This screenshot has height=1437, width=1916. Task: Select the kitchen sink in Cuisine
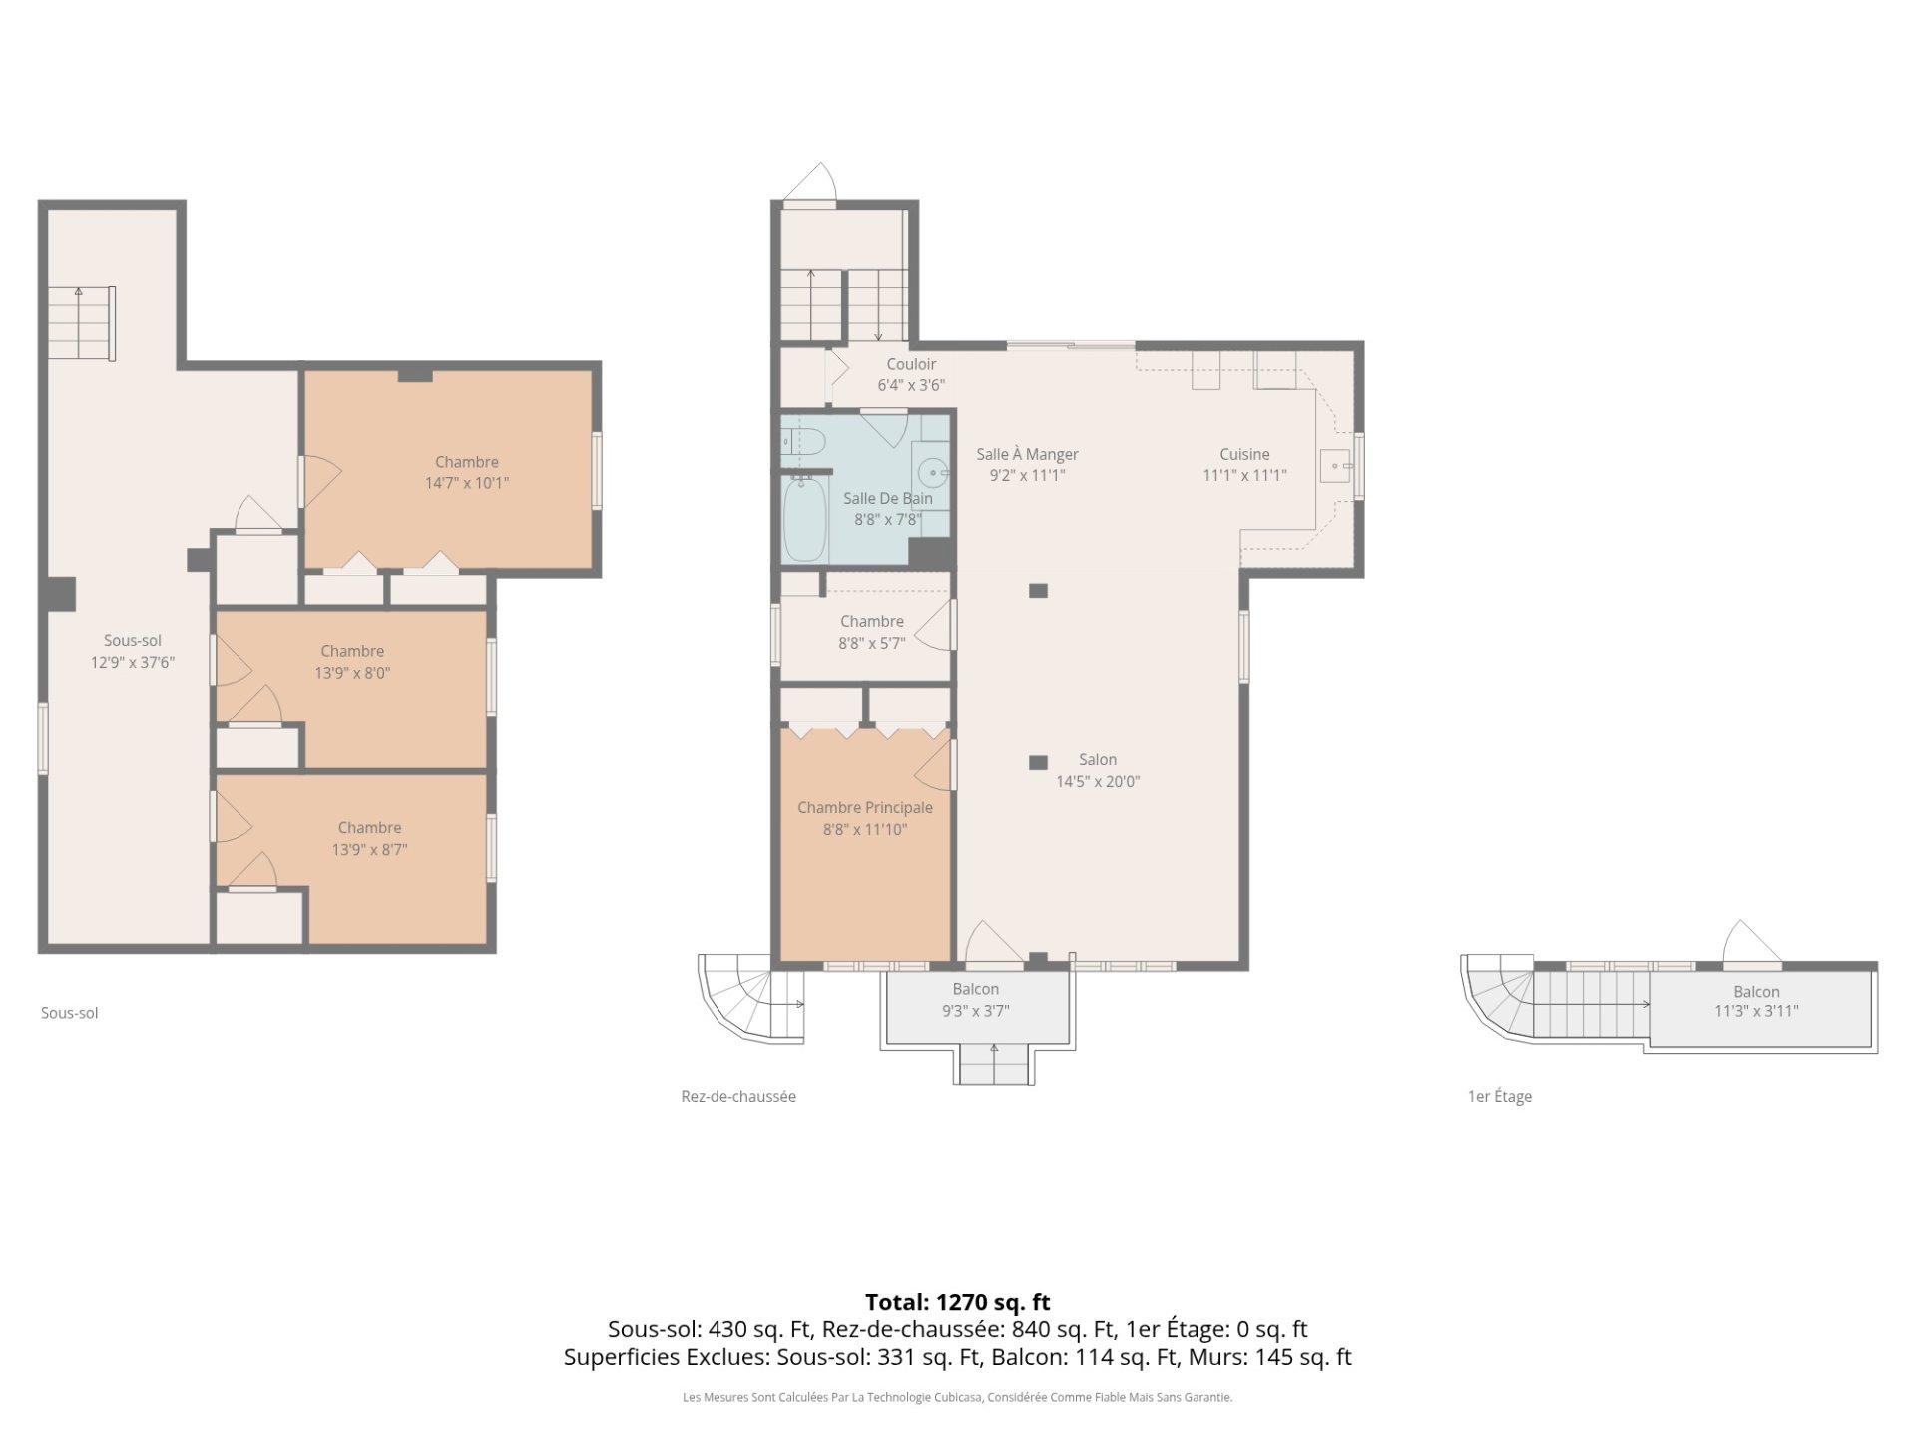[1335, 466]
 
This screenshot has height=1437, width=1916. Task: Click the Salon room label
[1098, 760]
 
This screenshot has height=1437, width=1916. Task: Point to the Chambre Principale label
[865, 808]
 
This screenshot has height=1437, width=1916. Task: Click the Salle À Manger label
[1027, 455]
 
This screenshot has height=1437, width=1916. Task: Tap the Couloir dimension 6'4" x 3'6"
[911, 385]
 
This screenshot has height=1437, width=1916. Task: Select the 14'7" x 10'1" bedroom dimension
[467, 483]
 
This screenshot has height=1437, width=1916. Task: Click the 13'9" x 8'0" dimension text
[352, 673]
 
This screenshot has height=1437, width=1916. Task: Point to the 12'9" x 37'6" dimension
[133, 662]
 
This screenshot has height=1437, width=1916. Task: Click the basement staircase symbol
[82, 323]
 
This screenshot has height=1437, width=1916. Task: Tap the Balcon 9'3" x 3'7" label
[976, 1000]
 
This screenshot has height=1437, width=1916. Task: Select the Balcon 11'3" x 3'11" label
[1756, 1001]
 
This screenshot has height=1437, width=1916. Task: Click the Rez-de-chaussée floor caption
[738, 1097]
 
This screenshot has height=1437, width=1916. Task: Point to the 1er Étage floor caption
[1499, 1097]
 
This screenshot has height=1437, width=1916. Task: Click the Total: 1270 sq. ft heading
[958, 1302]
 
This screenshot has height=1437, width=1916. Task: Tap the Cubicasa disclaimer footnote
[958, 1398]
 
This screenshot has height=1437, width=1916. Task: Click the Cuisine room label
[1244, 455]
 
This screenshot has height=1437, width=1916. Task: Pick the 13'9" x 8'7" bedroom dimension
[370, 850]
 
